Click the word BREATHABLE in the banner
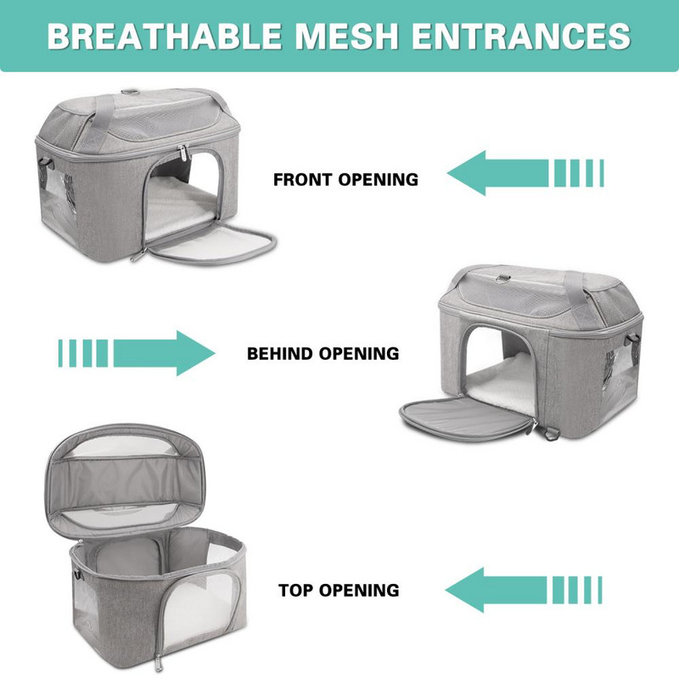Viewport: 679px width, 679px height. tap(164, 36)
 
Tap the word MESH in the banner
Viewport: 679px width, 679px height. tap(346, 36)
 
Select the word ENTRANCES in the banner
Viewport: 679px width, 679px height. tap(521, 36)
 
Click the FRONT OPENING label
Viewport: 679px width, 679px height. tap(345, 179)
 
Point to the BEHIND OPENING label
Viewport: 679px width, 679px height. tap(323, 353)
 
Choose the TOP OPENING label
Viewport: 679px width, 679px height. tap(339, 590)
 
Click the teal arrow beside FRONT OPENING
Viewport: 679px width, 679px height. tap(525, 173)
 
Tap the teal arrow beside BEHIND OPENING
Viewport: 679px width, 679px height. tap(137, 353)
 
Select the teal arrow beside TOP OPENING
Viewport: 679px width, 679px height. tap(524, 590)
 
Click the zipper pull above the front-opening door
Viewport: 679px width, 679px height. tap(182, 153)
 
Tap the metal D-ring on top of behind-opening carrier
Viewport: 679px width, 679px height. tap(500, 278)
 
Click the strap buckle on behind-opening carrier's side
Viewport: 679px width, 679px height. tap(632, 340)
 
